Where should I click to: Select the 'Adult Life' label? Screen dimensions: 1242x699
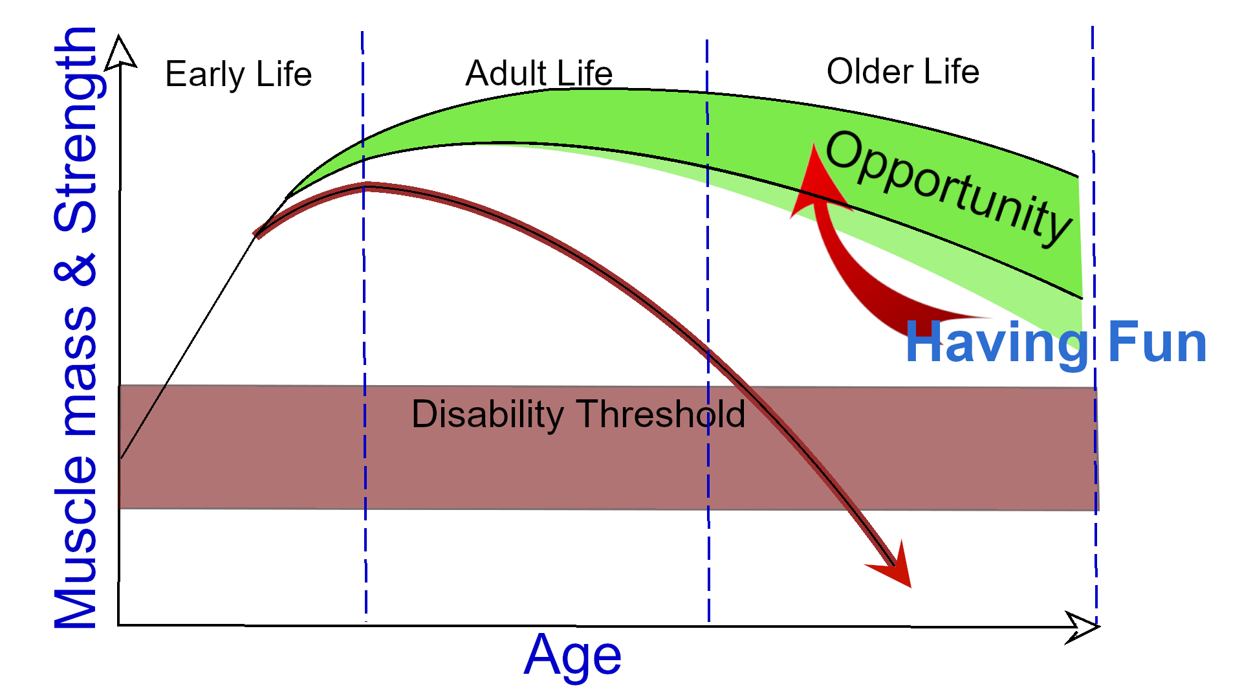tap(539, 73)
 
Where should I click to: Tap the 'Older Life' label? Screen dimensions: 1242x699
tap(903, 71)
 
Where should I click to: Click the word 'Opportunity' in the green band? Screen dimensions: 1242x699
tap(948, 188)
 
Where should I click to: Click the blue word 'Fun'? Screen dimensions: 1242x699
tap(1157, 342)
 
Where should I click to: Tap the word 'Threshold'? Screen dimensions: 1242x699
tap(660, 414)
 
